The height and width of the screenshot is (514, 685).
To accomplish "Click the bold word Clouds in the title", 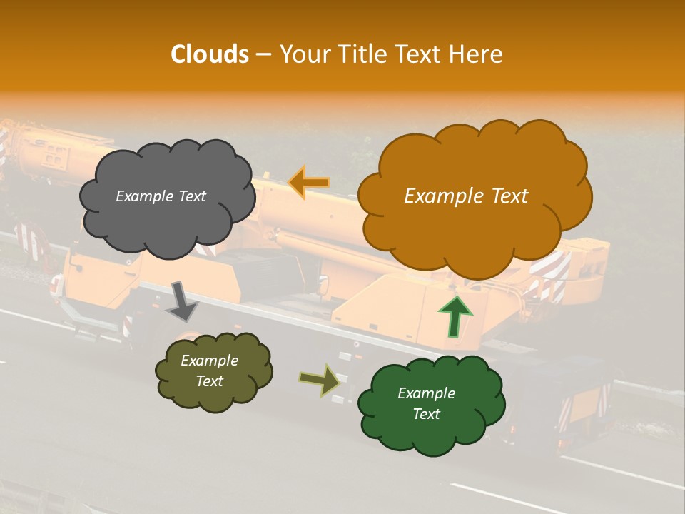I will click(x=209, y=54).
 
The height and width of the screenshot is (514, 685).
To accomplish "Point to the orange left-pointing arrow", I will click(x=309, y=182).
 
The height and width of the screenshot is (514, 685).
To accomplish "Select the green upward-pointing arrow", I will click(x=455, y=316).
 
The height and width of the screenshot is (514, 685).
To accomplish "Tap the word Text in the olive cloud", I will click(x=209, y=381).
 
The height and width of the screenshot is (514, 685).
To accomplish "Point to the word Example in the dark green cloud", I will click(x=426, y=393).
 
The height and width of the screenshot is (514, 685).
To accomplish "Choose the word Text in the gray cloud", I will click(x=192, y=196).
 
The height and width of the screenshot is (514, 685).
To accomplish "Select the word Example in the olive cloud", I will click(x=209, y=361).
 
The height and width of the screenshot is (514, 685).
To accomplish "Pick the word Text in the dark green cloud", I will click(x=426, y=414).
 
